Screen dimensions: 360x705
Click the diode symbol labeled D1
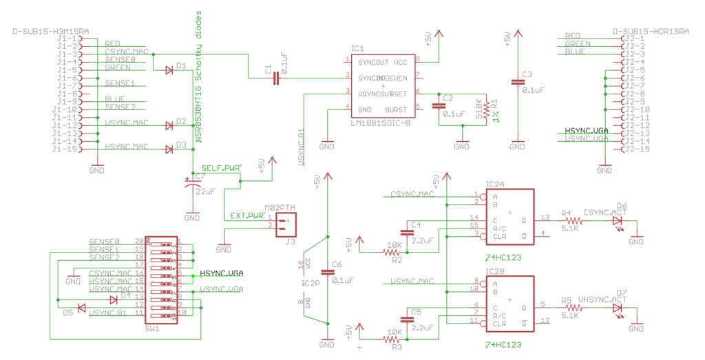pos(169,70)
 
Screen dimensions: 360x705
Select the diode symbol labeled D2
pos(169,125)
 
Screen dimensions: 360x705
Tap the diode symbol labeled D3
pos(169,149)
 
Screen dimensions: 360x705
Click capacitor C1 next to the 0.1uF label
pos(276,78)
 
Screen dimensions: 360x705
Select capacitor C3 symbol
pos(518,83)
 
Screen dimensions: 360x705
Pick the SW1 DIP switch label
pos(152,329)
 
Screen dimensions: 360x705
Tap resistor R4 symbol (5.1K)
pos(570,221)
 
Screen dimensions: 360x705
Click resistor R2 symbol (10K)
pos(392,253)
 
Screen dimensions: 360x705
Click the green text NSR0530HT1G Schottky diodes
pos(198,76)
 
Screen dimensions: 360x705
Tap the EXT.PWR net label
pos(246,215)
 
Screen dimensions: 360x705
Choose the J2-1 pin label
pos(633,39)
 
